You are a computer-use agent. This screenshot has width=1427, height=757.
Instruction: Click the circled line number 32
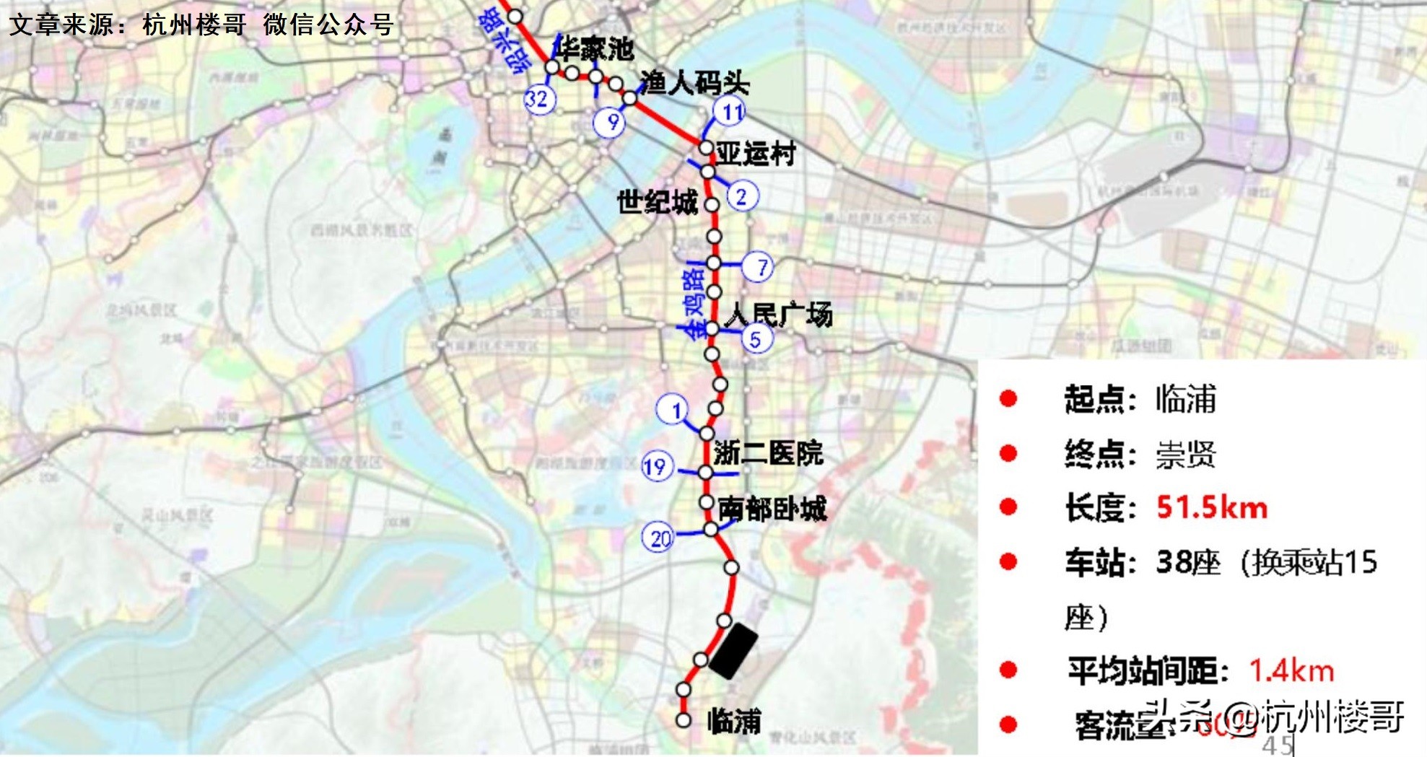click(x=539, y=98)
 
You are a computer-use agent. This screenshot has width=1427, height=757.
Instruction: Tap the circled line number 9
click(x=610, y=122)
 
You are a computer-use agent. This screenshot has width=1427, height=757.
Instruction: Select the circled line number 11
click(x=729, y=112)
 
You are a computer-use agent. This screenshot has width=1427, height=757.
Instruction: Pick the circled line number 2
click(x=742, y=196)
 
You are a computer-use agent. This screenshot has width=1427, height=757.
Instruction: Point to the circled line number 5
click(x=756, y=338)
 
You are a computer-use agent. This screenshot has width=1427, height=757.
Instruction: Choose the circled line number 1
click(x=673, y=410)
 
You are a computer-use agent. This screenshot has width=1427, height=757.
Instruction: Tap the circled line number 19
click(x=657, y=467)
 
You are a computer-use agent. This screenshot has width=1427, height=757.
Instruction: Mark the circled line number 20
click(x=659, y=538)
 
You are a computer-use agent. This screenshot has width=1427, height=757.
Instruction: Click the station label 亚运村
click(x=756, y=154)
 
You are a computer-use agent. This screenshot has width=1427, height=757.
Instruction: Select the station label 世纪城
click(x=657, y=203)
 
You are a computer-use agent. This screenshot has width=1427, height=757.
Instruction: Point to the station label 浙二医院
click(x=768, y=453)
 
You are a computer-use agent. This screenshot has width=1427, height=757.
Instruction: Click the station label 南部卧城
click(x=772, y=509)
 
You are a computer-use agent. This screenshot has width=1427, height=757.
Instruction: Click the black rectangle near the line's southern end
click(x=733, y=651)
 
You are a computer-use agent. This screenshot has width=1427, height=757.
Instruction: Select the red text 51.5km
click(x=1211, y=508)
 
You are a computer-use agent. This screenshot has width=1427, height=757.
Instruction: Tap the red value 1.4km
click(x=1291, y=670)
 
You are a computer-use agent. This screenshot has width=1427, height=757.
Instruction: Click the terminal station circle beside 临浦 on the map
click(x=683, y=719)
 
